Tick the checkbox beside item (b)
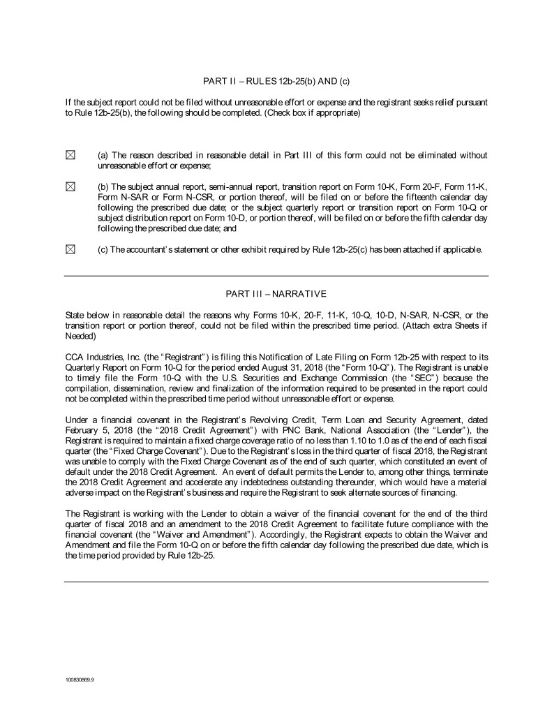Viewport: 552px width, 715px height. (x=69, y=186)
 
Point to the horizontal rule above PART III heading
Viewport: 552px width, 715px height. (x=276, y=276)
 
